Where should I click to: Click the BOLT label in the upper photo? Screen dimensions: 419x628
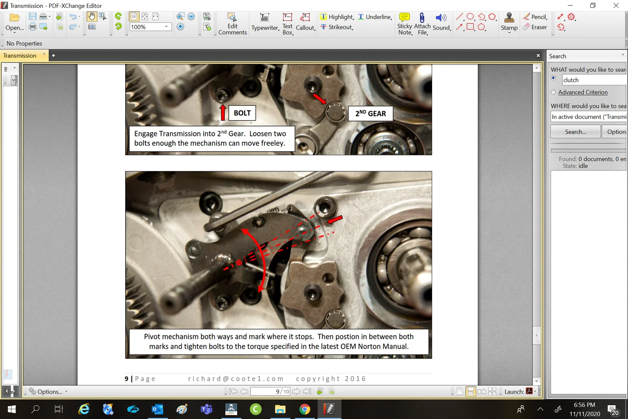(x=242, y=113)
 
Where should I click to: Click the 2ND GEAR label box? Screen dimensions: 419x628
(x=371, y=113)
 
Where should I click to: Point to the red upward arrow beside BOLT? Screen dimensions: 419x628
(x=223, y=112)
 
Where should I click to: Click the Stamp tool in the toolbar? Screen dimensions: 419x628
(x=509, y=22)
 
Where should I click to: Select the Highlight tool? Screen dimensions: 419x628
(x=337, y=17)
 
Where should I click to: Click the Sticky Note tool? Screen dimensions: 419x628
(x=405, y=24)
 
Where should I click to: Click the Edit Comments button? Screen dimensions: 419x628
(x=232, y=24)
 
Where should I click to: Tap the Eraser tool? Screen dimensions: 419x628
(x=535, y=27)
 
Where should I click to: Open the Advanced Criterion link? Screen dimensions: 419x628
(x=582, y=92)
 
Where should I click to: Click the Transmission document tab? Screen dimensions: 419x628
(x=20, y=56)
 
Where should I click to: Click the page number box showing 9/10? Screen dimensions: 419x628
(x=270, y=392)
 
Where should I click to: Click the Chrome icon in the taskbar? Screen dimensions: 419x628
(x=305, y=409)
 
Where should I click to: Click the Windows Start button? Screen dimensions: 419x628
(x=12, y=409)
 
